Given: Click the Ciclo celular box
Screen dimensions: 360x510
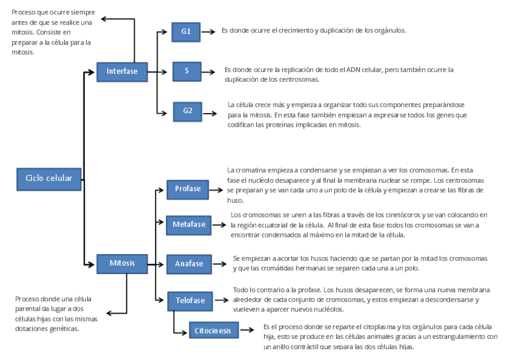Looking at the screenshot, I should (x=49, y=178).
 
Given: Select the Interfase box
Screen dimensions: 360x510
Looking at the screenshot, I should (x=122, y=71).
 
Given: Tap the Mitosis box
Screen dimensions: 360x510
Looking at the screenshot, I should (x=122, y=263).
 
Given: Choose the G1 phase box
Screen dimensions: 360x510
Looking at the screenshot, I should (x=186, y=31).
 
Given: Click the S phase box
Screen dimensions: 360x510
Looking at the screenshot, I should (x=187, y=71).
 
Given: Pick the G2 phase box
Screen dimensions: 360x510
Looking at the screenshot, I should (x=188, y=111).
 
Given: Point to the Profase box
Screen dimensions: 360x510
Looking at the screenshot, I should (x=188, y=189).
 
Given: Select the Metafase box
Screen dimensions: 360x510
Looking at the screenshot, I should (x=189, y=225).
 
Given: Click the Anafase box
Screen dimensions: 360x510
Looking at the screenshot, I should (x=189, y=263).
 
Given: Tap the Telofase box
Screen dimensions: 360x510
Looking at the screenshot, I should (x=190, y=300).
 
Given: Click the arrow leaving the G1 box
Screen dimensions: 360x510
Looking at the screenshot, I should (x=208, y=31).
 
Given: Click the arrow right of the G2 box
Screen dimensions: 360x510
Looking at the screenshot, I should (x=210, y=111).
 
